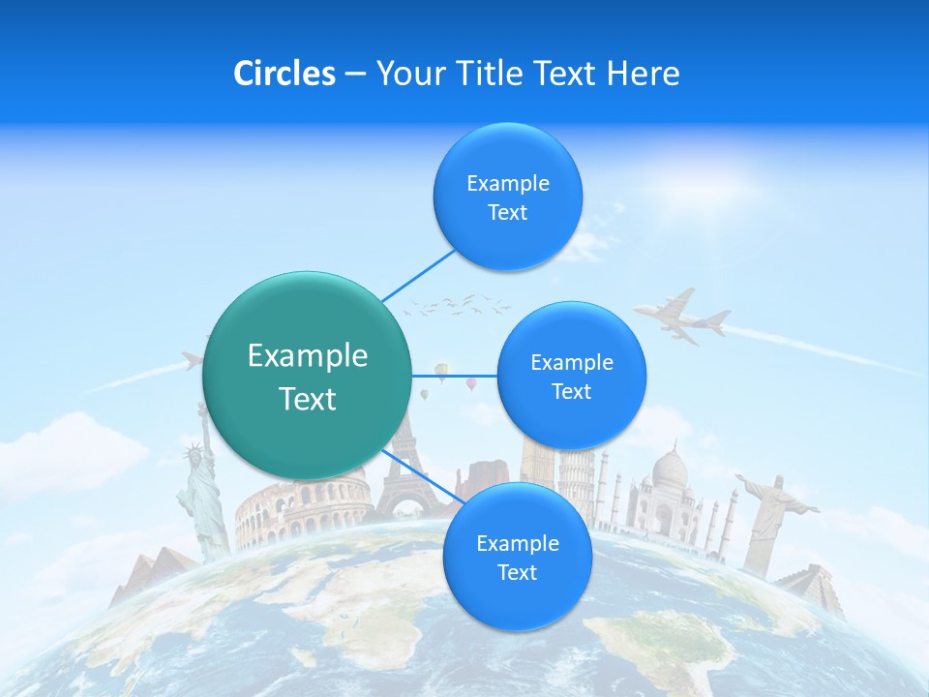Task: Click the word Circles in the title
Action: [284, 74]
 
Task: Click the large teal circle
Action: [307, 376]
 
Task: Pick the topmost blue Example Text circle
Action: [507, 197]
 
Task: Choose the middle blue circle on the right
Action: [571, 376]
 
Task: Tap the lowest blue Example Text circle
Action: [517, 557]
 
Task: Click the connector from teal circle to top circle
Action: [418, 276]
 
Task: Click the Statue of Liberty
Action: [200, 489]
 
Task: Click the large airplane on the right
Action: [683, 316]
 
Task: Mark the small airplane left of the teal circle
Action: [193, 361]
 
